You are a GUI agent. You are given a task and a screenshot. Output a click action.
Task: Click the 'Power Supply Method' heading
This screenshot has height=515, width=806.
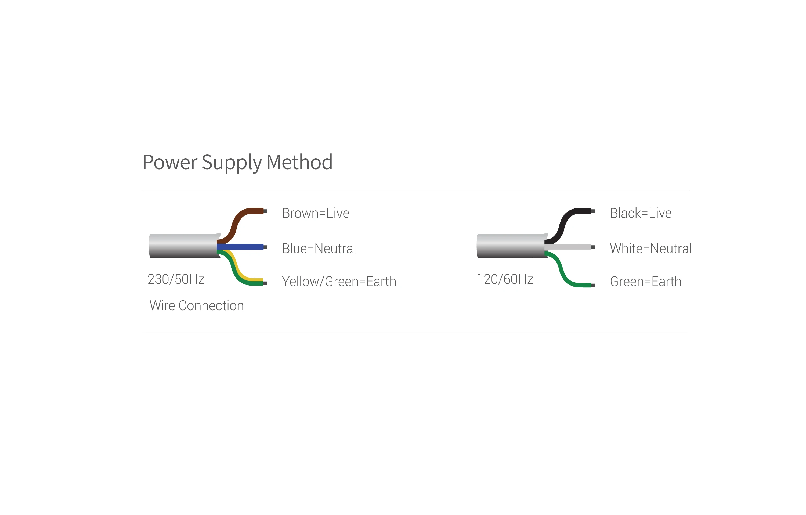pos(237,163)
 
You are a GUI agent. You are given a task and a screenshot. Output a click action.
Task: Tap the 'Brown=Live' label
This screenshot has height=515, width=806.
pos(315,213)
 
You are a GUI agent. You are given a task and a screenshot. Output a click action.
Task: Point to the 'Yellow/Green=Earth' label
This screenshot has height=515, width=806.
pos(339,282)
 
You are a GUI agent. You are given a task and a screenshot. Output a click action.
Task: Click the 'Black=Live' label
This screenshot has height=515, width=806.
pos(640,213)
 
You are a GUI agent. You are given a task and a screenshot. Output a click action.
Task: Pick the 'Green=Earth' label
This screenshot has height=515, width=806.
pos(645,282)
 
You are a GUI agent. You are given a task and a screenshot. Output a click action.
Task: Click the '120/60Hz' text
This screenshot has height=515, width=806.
pos(504,279)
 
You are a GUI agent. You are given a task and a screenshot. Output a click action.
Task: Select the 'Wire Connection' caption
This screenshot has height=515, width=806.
pos(197,306)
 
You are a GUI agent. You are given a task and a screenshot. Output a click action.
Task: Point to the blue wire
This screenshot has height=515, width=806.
pos(240,247)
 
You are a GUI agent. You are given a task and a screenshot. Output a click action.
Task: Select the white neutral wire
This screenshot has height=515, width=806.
pos(568,247)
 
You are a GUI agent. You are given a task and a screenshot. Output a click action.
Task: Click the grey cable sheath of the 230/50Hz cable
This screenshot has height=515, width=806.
pos(184,246)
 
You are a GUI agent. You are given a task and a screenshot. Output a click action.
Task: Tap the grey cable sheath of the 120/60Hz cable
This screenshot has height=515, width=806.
pos(512,246)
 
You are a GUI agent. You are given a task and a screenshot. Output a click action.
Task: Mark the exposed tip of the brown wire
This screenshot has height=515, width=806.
pos(265,211)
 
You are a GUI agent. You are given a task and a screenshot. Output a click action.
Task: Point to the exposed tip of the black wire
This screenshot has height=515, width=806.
pos(593,211)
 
